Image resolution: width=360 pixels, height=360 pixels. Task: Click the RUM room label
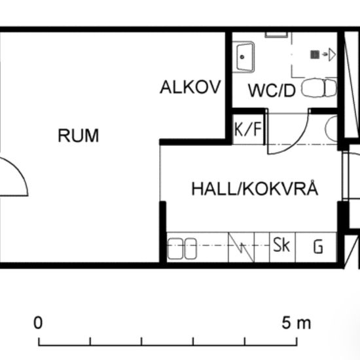pyautogui.click(x=79, y=136)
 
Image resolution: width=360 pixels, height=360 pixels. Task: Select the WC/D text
pyautogui.click(x=272, y=90)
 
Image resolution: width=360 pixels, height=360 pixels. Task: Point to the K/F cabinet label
pyautogui.click(x=248, y=130)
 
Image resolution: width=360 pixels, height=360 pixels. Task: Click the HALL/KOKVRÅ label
pyautogui.click(x=255, y=190)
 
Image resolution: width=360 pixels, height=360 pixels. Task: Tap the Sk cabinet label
pyautogui.click(x=282, y=246)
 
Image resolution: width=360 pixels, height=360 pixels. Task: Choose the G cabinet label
pyautogui.click(x=318, y=247)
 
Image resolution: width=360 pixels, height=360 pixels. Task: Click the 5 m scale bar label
pyautogui.click(x=297, y=323)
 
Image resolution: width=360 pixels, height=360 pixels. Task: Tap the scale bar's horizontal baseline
pyautogui.click(x=168, y=344)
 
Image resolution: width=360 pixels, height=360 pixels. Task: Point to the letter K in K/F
pyautogui.click(x=240, y=130)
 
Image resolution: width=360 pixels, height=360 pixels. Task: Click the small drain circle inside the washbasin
pyautogui.click(x=243, y=57)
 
